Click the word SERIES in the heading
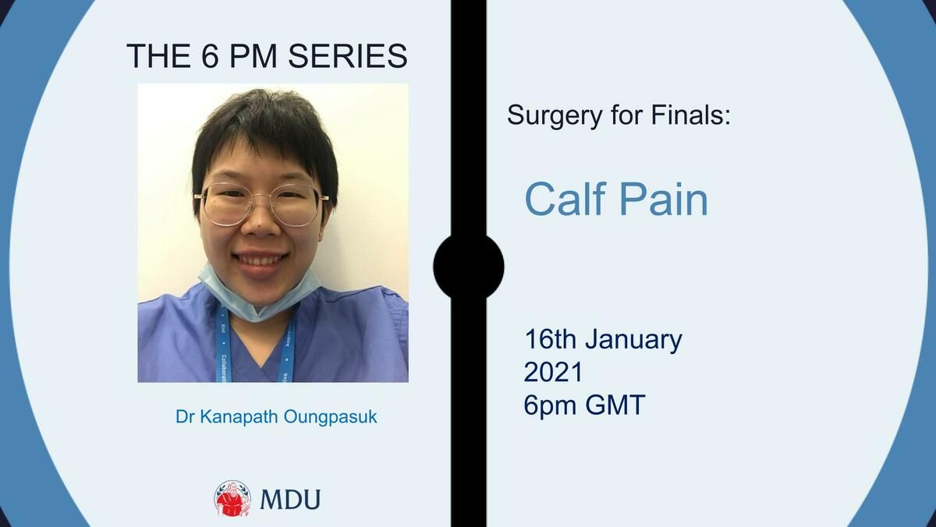pyautogui.click(x=348, y=56)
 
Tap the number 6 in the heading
pyautogui.click(x=210, y=56)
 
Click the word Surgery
pyautogui.click(x=555, y=116)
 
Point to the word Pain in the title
pyautogui.click(x=664, y=199)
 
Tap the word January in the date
pyautogui.click(x=633, y=341)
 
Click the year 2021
pyautogui.click(x=553, y=373)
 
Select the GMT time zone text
pyautogui.click(x=615, y=405)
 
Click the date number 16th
pyautogui.click(x=551, y=339)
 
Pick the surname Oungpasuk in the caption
pyautogui.click(x=331, y=417)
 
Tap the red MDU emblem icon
pyautogui.click(x=232, y=499)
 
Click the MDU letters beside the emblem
pyautogui.click(x=290, y=500)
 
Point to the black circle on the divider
pyautogui.click(x=469, y=267)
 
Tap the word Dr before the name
pyautogui.click(x=185, y=417)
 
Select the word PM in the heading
pyautogui.click(x=253, y=56)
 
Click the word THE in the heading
pyautogui.click(x=158, y=56)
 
